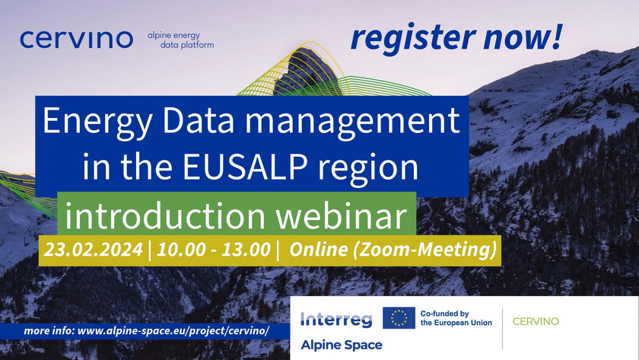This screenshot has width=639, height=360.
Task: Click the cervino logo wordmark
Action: click(76, 39)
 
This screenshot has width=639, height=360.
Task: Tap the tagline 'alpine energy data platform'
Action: click(180, 40)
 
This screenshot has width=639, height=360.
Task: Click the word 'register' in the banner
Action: click(413, 37)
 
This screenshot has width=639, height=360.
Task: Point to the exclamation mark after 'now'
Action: click(557, 36)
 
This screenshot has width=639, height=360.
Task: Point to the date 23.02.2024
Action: click(94, 250)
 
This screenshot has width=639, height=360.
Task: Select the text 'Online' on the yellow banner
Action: click(318, 250)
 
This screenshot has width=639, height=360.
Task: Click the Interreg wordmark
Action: click(336, 320)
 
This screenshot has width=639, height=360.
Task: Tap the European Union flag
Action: click(399, 318)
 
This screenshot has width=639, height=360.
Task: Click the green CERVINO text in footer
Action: click(536, 322)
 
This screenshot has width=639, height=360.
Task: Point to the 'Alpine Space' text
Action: click(342, 345)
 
